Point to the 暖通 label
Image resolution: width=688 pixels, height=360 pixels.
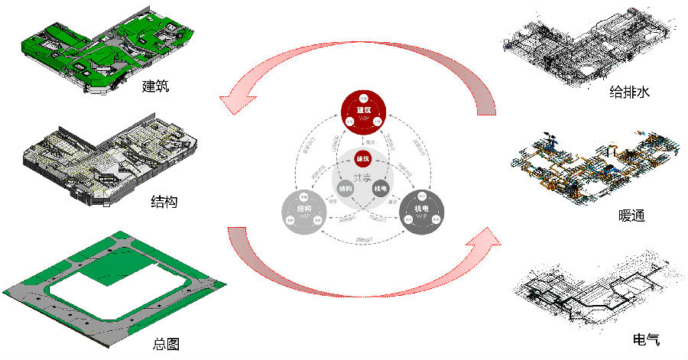632,216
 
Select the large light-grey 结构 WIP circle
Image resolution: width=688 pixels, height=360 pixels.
303,212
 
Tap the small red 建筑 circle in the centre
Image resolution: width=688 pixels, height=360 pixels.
363,159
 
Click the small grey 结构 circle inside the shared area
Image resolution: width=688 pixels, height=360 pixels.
345,189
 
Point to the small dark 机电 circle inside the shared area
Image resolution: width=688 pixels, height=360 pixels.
381,189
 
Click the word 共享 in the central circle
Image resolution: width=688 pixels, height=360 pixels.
363,177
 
